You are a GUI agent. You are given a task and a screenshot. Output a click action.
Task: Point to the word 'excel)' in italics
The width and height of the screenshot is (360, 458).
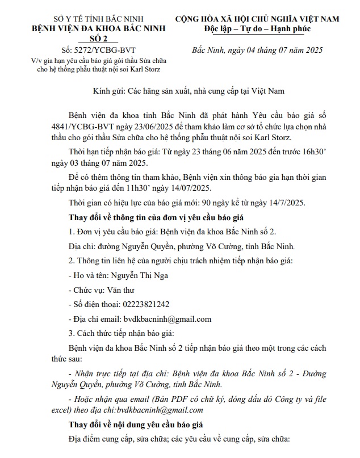point(80,410)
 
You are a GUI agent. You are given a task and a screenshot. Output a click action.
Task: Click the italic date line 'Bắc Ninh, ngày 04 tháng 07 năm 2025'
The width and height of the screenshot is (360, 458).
point(257,50)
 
